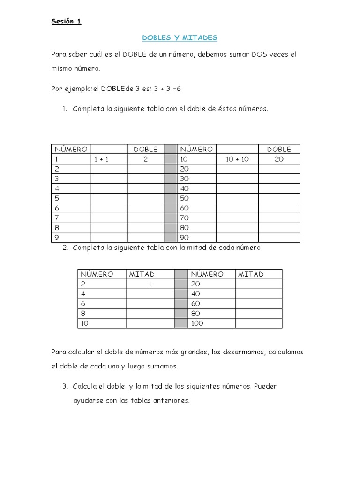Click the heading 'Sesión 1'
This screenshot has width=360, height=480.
[x=66, y=22]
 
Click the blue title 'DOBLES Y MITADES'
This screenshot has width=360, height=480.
[x=180, y=37]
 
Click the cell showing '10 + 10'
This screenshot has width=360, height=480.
[x=237, y=159]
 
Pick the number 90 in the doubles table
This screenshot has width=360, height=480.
[x=184, y=238]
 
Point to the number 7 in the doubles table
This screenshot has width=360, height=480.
[x=57, y=218]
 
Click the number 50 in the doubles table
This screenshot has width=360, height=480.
[x=184, y=198]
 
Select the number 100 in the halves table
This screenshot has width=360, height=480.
[x=197, y=323]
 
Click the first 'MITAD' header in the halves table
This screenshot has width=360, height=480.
[x=142, y=274]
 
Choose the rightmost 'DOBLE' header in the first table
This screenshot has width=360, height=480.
[x=279, y=150]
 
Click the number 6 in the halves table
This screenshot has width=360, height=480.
[x=83, y=304]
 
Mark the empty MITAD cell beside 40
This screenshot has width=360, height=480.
[x=258, y=294]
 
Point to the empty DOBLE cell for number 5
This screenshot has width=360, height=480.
[x=145, y=198]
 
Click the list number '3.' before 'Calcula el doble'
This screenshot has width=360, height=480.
[x=65, y=387]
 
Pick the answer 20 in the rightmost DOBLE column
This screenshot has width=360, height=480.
[x=279, y=159]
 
